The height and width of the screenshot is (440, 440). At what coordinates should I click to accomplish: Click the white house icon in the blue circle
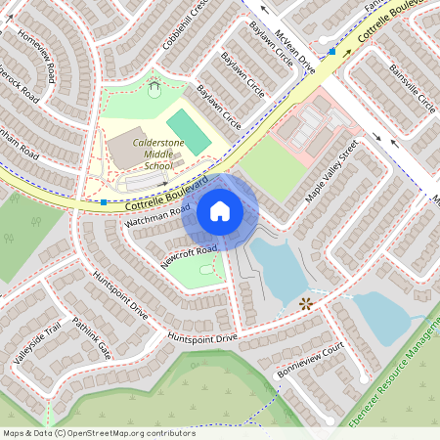(220, 211)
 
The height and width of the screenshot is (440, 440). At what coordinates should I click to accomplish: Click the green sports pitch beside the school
(188, 131)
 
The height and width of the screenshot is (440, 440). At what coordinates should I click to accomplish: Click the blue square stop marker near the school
(104, 202)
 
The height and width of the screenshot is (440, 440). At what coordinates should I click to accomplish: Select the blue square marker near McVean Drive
(332, 51)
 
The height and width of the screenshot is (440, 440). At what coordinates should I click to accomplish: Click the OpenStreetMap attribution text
(99, 432)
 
